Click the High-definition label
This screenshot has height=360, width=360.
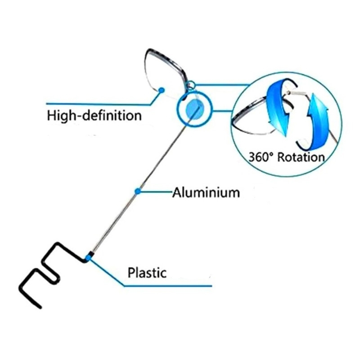pos(94,116)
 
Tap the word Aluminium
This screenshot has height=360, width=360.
pos(206,193)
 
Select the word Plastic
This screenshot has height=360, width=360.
pos(147,273)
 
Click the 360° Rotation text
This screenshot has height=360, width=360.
pos(286,157)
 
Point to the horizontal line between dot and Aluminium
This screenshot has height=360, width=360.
pos(155,192)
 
